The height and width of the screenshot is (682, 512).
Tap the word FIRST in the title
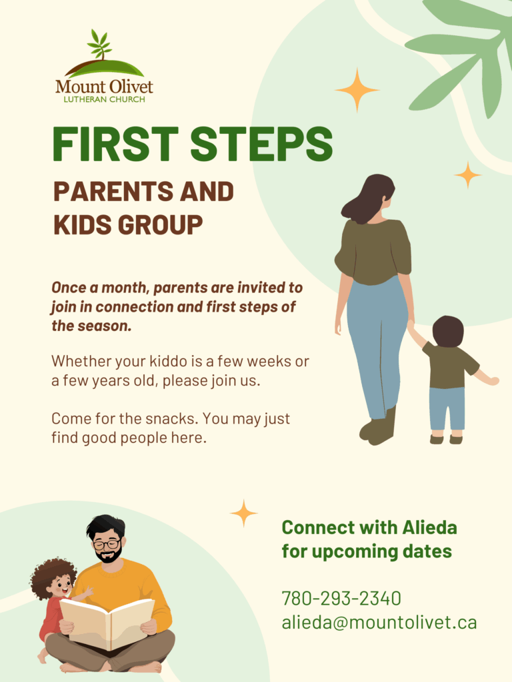tap(115, 145)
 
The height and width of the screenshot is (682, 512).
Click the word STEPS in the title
tap(261, 145)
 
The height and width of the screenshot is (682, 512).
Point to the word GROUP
tap(160, 225)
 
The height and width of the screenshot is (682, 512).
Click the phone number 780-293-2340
tap(341, 599)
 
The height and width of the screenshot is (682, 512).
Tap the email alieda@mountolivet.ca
tap(379, 623)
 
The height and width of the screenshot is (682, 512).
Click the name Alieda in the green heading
tap(429, 527)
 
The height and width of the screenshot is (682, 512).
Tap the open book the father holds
tap(107, 623)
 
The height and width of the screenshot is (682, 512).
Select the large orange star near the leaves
tap(357, 90)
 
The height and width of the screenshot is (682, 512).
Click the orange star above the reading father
tap(244, 513)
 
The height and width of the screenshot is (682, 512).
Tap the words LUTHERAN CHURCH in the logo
tap(105, 100)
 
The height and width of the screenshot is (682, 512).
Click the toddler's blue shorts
tap(447, 408)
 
